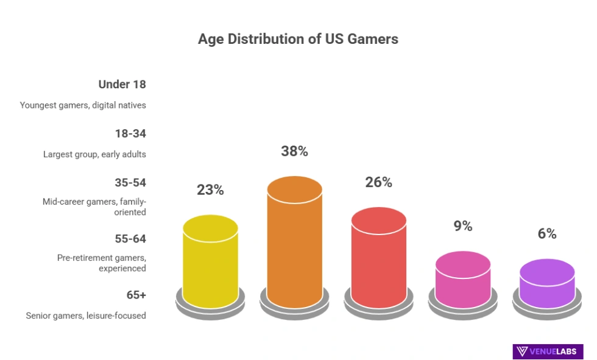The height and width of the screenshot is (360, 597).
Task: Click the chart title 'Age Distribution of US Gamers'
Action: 298,40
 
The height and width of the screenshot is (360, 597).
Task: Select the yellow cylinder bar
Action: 210,265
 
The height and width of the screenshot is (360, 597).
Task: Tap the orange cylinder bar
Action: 294,244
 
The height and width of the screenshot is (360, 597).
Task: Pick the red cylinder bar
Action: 378,259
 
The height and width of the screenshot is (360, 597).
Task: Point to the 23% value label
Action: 210,190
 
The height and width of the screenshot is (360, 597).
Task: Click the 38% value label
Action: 294,152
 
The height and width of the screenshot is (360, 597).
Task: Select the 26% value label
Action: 378,182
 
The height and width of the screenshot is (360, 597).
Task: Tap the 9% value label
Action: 463,226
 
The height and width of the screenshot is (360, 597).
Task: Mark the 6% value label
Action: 547,234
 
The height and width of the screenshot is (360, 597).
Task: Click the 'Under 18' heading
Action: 122,85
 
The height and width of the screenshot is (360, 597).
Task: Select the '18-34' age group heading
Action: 130,133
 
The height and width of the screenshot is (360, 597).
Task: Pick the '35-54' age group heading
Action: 130,183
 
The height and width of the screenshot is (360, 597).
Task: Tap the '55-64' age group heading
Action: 130,239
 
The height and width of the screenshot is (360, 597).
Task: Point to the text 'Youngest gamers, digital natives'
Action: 83,105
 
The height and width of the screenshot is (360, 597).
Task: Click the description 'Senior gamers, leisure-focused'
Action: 86,316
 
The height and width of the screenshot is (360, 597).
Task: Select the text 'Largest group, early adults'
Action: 94,154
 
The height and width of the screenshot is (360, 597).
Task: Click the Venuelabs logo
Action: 548,351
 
